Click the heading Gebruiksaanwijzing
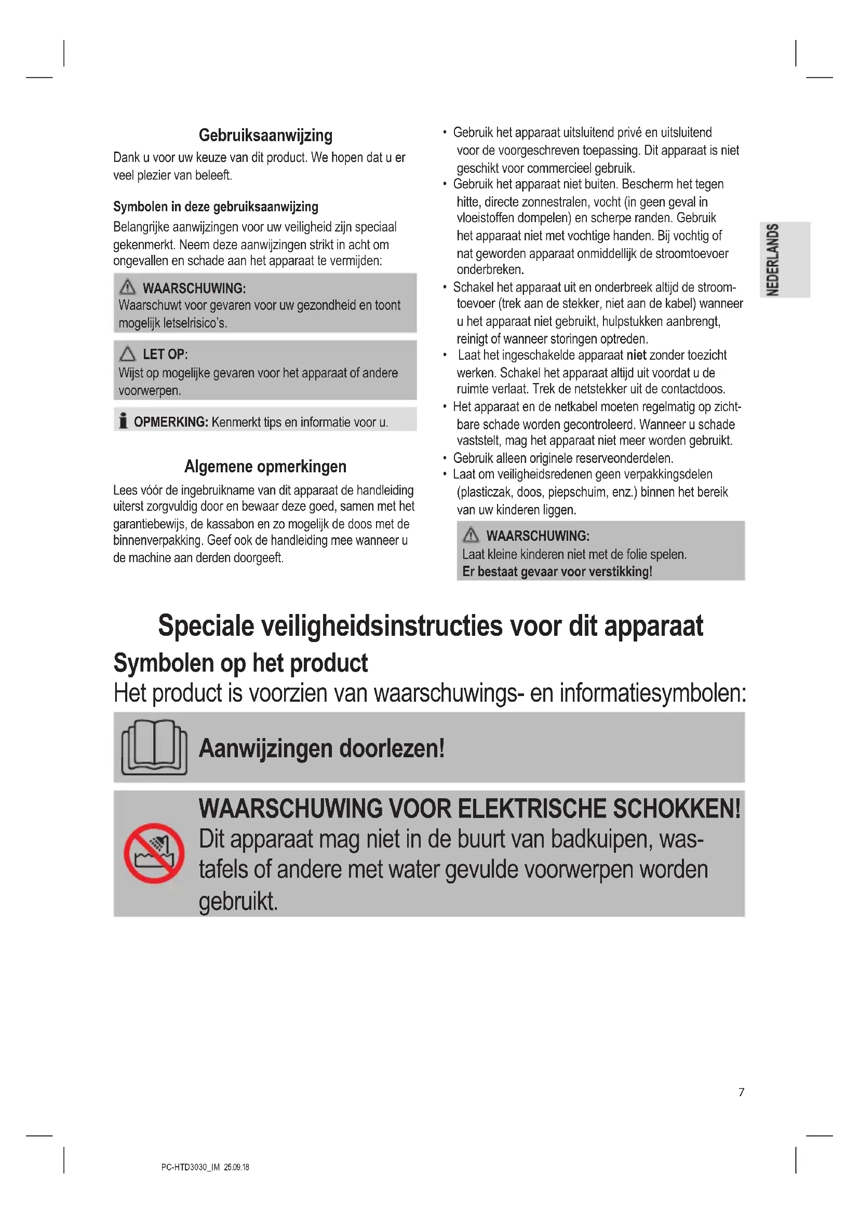[265, 135]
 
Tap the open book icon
[154, 747]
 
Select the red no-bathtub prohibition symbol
[154, 853]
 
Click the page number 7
[741, 1093]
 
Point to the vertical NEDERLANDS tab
[773, 260]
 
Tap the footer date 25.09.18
[236, 1167]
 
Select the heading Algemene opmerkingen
[265, 467]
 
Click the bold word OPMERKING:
[171, 422]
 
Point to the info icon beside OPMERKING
[123, 421]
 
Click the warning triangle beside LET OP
[127, 354]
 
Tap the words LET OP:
[165, 354]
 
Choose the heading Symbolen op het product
[240, 663]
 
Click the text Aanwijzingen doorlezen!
[321, 748]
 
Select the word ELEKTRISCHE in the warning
[532, 809]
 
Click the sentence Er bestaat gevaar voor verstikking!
[557, 571]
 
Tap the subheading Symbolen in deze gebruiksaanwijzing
[216, 207]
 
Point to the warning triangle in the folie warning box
[471, 535]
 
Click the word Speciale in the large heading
[206, 626]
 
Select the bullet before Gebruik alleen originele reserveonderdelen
[445, 458]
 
